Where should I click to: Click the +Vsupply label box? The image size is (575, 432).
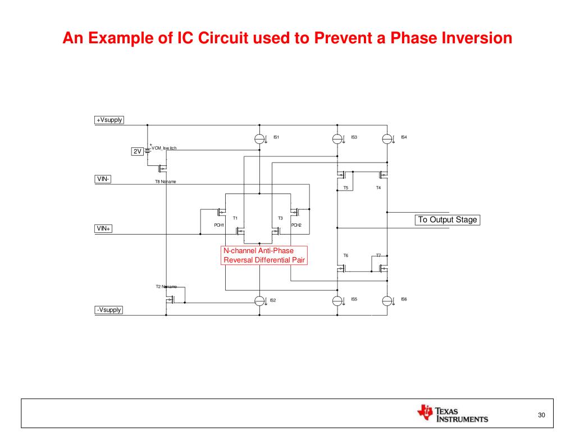(x=109, y=120)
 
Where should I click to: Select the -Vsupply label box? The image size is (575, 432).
(x=108, y=310)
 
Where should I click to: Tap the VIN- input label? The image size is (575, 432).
(x=103, y=179)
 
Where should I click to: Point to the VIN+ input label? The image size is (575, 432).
(x=103, y=228)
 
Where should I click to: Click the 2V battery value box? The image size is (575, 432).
(x=137, y=151)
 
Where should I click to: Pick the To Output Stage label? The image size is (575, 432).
(x=448, y=219)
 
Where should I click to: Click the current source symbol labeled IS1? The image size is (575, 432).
(x=259, y=138)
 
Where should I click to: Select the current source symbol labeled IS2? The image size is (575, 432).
(x=259, y=301)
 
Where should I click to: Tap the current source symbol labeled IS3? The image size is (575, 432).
(x=337, y=138)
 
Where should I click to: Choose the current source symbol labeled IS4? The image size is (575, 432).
(x=387, y=138)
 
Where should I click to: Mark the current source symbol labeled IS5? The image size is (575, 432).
(x=337, y=301)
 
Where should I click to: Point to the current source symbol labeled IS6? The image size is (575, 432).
(x=387, y=301)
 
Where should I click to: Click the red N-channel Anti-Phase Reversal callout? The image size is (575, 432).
(x=264, y=255)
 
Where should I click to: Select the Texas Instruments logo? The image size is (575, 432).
(x=453, y=413)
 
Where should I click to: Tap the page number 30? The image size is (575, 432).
(x=541, y=415)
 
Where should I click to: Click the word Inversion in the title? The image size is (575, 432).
(x=472, y=38)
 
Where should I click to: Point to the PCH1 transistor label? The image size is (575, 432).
(x=219, y=225)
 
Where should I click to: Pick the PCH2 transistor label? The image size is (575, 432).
(x=296, y=225)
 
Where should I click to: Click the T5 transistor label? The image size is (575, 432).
(x=346, y=188)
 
